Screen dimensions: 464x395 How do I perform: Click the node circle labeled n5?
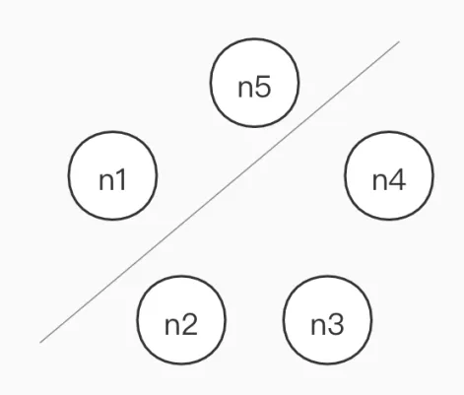coord(254,83)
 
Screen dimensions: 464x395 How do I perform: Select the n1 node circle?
coord(112,175)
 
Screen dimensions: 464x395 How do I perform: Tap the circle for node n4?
coord(389,175)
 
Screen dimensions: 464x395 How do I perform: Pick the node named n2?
coord(181,320)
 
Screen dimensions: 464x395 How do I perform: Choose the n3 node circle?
coord(328,320)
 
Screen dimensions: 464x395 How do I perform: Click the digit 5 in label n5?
coord(263,87)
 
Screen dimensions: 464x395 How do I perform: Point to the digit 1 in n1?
coord(120,179)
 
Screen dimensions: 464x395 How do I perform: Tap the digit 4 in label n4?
coord(398,179)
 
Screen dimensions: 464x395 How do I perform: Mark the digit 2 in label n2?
coord(189,324)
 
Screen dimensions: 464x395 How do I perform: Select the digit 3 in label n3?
coord(336,324)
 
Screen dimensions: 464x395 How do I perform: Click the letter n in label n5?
coord(245,89)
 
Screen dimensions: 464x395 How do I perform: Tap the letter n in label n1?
coord(106,182)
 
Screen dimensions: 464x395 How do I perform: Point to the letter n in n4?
coord(380,182)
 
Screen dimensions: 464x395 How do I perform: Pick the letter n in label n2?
coord(172,327)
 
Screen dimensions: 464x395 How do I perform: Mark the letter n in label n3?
coord(318,327)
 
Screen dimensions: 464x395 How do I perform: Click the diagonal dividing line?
coord(220,192)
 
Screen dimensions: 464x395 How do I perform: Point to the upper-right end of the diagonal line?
coord(399,41)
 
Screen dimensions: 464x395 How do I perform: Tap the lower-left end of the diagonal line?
coord(40,343)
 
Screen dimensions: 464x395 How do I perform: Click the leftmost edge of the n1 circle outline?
coord(69,175)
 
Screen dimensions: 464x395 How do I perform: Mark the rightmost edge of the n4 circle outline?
coord(433,175)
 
